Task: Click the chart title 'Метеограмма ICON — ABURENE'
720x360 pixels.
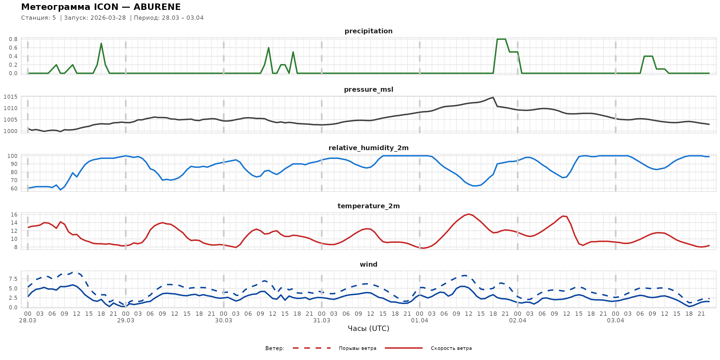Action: [x=101, y=7]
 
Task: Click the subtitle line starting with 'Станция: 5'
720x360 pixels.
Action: [x=112, y=18]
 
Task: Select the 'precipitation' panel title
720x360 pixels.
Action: [x=368, y=31]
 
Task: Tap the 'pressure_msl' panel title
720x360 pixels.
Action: [x=368, y=89]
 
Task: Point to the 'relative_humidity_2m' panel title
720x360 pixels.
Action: [x=368, y=148]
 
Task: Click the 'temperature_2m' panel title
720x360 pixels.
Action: [x=368, y=206]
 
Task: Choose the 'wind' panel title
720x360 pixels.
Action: [x=368, y=265]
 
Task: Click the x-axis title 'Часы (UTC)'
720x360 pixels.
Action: [x=368, y=329]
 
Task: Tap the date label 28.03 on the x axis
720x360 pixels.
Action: [x=28, y=321]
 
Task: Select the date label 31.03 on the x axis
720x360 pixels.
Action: [x=321, y=321]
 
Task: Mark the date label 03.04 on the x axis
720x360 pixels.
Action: [x=615, y=321]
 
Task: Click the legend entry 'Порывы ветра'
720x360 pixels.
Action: [x=358, y=348]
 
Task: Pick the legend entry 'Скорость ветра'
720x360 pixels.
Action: [x=451, y=348]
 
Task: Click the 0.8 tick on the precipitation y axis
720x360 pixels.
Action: [x=13, y=39]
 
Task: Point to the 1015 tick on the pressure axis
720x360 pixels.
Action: [x=11, y=97]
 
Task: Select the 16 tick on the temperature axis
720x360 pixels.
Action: [x=14, y=215]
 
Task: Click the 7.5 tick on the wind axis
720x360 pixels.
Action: [x=13, y=279]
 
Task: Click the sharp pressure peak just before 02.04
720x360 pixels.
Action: [x=493, y=98]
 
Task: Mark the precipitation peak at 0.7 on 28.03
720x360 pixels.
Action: [x=101, y=43]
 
